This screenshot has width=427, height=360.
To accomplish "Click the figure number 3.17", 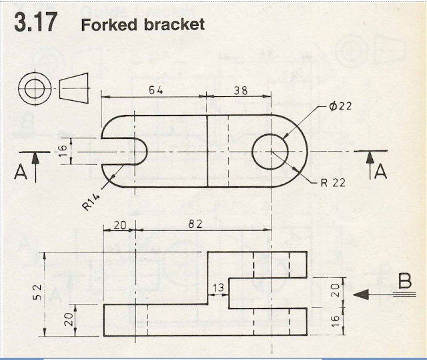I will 34,24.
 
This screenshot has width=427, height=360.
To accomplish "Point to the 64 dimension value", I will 155,90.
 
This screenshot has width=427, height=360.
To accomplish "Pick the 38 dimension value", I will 240,90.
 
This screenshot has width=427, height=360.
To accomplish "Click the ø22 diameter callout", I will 340,106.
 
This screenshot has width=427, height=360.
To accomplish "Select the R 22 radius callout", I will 333,183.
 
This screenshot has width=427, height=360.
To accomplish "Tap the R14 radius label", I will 91,201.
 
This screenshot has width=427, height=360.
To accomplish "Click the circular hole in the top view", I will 271,150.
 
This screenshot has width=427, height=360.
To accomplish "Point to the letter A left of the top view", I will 21,174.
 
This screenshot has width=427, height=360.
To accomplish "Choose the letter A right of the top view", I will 380,172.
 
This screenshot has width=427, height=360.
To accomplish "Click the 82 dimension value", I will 195,225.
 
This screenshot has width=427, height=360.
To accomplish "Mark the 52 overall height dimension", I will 37,292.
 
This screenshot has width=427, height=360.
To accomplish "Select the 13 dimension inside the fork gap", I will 218,287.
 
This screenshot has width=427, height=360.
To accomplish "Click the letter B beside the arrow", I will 404,283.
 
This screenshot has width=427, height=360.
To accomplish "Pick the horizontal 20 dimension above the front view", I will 119,225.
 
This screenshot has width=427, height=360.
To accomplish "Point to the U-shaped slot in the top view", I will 130,150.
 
